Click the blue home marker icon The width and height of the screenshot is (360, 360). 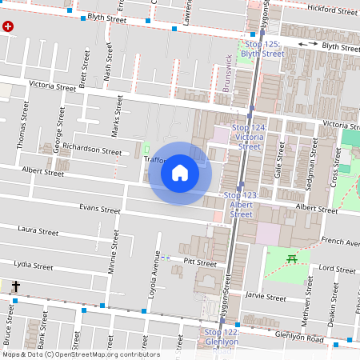pyautogui.click(x=180, y=173)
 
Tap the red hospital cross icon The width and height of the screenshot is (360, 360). pyautogui.click(x=9, y=26)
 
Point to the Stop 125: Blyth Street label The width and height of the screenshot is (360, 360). pyautogui.click(x=262, y=48)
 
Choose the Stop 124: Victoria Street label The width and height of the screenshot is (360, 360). pyautogui.click(x=250, y=137)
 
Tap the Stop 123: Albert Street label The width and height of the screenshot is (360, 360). pyautogui.click(x=241, y=204)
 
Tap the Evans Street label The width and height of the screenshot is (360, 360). pyautogui.click(x=98, y=210)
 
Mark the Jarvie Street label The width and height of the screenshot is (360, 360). pyautogui.click(x=265, y=297)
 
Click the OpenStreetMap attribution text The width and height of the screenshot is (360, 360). pyautogui.click(x=80, y=354)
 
